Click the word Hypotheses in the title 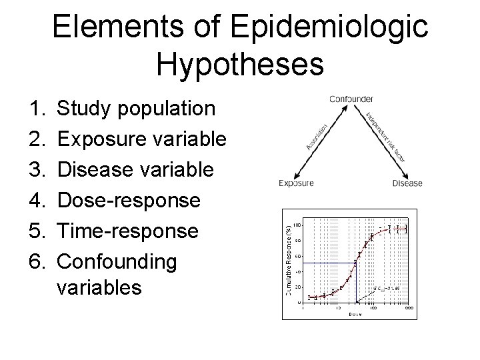240,65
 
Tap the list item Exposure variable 142,139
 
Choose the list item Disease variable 135,169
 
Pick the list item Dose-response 128,200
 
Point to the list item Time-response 127,231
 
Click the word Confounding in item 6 117,261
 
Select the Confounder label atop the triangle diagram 351,99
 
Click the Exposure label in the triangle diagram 296,183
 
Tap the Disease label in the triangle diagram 407,183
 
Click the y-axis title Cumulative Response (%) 289,253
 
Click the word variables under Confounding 99,287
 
